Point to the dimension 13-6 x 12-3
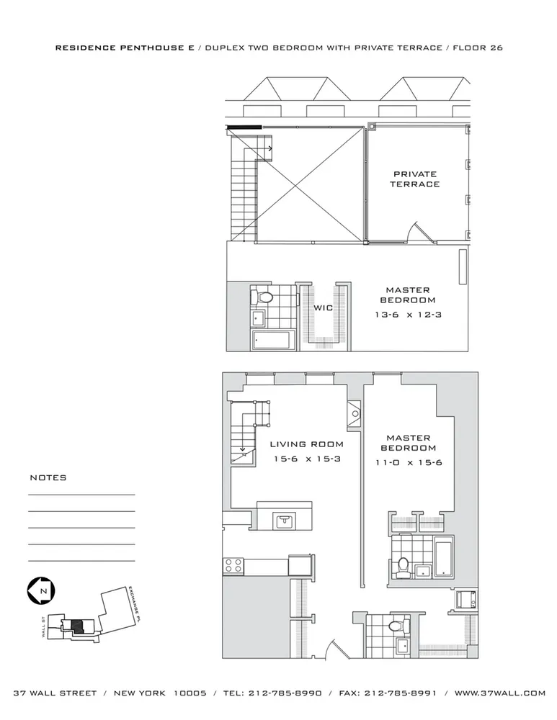(408, 315)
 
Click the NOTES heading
(48, 477)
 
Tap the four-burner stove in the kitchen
(234, 565)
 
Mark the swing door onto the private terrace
(416, 232)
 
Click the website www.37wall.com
(499, 693)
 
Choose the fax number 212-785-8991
(399, 693)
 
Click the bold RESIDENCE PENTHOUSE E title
(124, 48)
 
